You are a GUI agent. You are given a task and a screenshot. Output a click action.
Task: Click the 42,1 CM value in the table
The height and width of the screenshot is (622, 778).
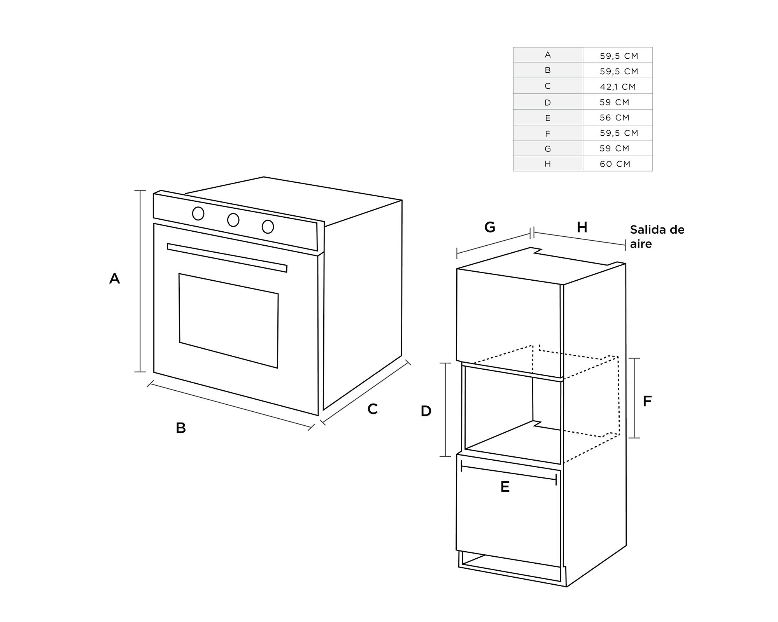tap(618, 87)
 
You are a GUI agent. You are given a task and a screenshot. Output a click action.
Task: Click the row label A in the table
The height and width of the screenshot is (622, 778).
tap(548, 55)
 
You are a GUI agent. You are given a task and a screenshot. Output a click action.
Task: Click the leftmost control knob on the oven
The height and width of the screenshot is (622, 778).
tap(198, 213)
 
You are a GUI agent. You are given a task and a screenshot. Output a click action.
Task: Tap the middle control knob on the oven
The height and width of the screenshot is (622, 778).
tap(233, 220)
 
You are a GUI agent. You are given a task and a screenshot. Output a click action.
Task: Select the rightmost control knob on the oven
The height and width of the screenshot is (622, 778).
tap(268, 227)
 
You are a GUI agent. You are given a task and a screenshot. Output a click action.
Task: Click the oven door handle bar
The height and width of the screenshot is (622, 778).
tap(227, 258)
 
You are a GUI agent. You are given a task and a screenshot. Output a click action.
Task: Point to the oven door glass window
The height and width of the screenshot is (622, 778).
tap(229, 320)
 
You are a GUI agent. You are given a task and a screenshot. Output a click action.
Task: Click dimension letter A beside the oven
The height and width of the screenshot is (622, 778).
tap(114, 279)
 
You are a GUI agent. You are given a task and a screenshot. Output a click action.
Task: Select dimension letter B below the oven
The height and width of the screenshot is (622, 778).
tap(181, 428)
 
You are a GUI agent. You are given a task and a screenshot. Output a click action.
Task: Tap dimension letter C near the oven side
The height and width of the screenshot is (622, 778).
tap(372, 409)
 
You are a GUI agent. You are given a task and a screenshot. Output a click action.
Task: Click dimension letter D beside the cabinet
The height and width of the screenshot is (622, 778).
tap(426, 411)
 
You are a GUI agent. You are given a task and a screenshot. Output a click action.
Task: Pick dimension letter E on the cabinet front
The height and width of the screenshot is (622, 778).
tap(505, 487)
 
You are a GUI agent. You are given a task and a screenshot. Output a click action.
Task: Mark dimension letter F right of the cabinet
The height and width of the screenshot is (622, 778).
tap(647, 401)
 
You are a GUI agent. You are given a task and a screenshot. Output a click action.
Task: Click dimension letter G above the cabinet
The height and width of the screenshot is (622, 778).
tap(490, 227)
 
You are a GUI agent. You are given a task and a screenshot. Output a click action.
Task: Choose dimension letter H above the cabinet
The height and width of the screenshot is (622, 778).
tap(582, 227)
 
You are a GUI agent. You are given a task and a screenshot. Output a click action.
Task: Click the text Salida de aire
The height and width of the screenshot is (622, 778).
tap(657, 236)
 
